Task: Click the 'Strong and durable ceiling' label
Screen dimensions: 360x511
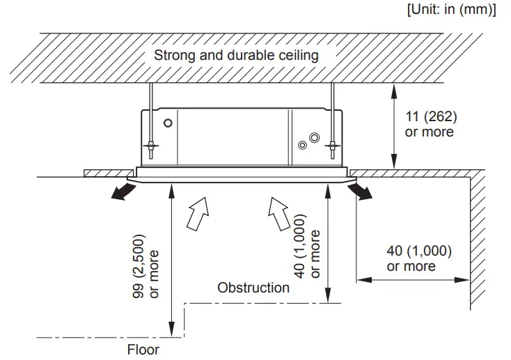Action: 236,55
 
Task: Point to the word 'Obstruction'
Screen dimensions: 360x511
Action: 253,287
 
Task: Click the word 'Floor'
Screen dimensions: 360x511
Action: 143,349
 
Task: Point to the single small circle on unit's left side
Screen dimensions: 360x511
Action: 167,123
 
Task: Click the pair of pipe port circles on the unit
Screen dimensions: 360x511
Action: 306,141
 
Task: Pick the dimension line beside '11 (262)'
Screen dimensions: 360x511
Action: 395,125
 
